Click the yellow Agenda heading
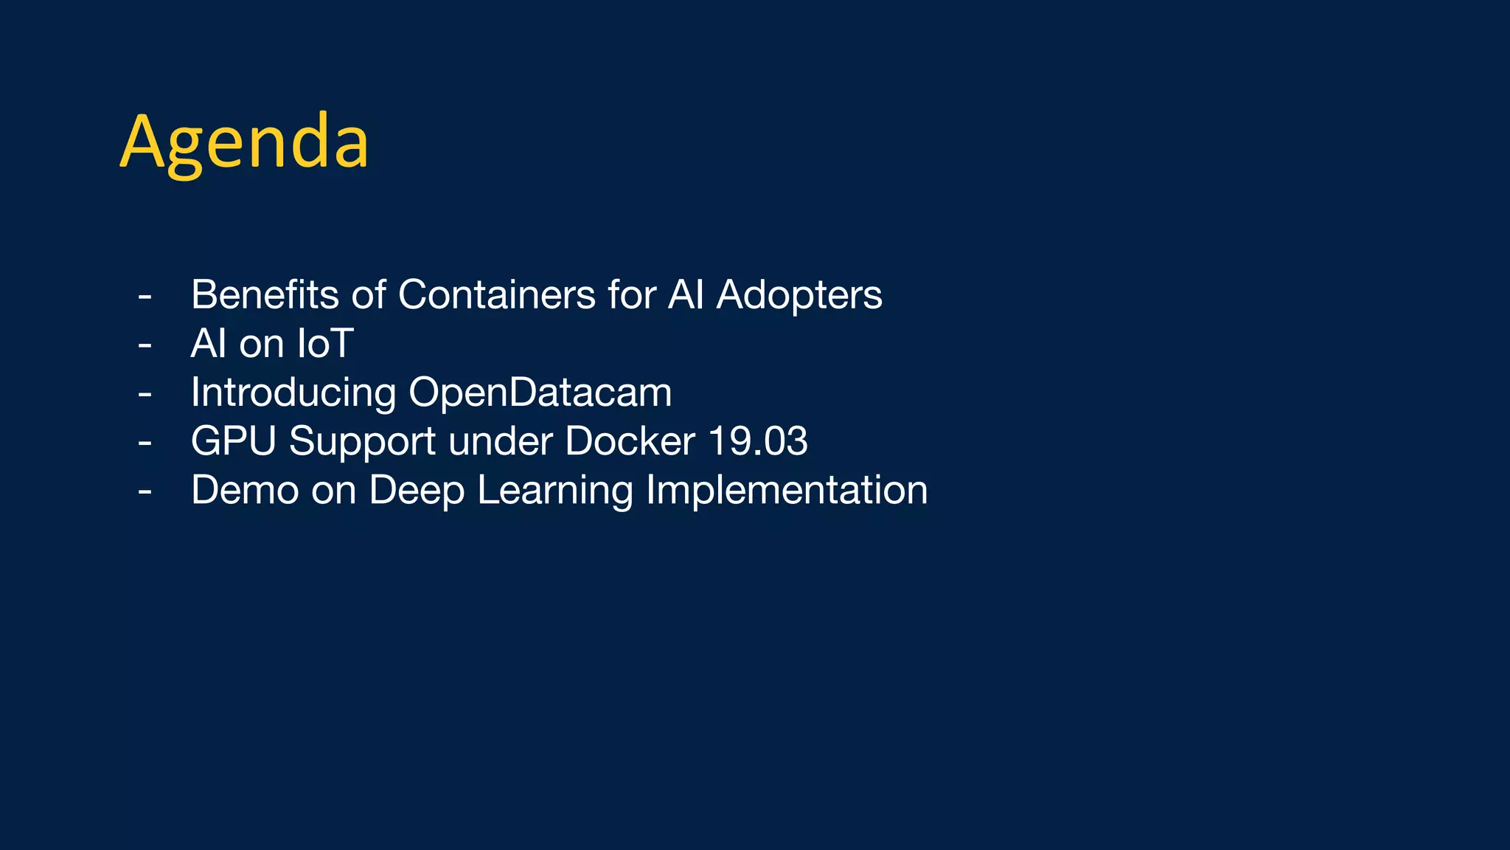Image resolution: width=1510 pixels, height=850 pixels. (244, 142)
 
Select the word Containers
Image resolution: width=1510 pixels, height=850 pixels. (496, 294)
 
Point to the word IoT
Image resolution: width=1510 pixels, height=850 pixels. (324, 343)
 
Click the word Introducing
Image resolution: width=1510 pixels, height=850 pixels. (293, 393)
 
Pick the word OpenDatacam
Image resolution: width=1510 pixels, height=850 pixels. (540, 393)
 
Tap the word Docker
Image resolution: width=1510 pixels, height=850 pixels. (630, 441)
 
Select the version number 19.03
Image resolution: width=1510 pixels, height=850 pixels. (758, 441)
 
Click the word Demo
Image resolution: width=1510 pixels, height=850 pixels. (245, 490)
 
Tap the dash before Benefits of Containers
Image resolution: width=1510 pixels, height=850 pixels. (145, 297)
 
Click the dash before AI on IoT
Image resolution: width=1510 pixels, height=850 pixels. (145, 345)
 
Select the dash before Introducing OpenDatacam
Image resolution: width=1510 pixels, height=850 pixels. (145, 394)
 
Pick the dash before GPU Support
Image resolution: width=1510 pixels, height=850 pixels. (145, 443)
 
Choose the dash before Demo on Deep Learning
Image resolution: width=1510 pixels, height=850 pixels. (145, 491)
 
